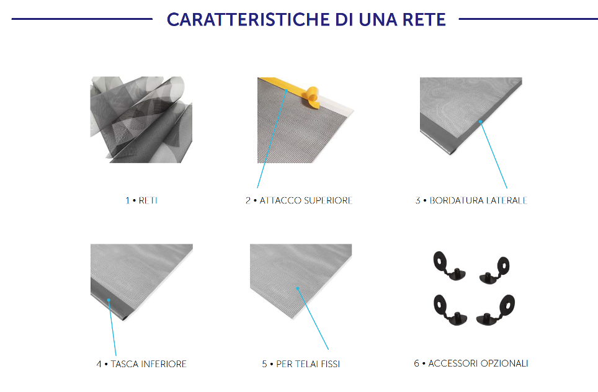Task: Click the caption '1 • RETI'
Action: click(x=141, y=200)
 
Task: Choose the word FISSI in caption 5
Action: click(x=330, y=364)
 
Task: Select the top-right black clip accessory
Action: click(x=494, y=270)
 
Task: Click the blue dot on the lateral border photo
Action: click(x=481, y=122)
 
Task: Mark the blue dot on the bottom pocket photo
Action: click(x=109, y=300)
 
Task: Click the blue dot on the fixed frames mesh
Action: click(x=298, y=288)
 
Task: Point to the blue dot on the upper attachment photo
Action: click(x=286, y=91)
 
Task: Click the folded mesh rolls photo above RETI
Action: click(x=141, y=120)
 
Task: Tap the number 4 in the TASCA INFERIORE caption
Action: click(x=99, y=364)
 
